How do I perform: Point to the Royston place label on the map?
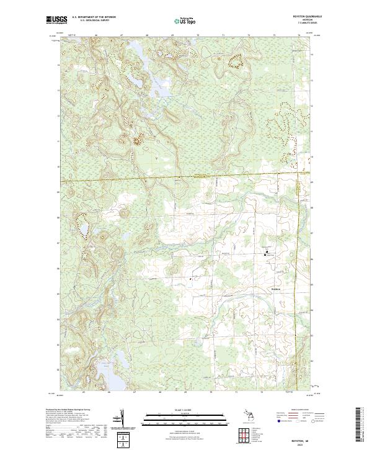pos(277,289)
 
